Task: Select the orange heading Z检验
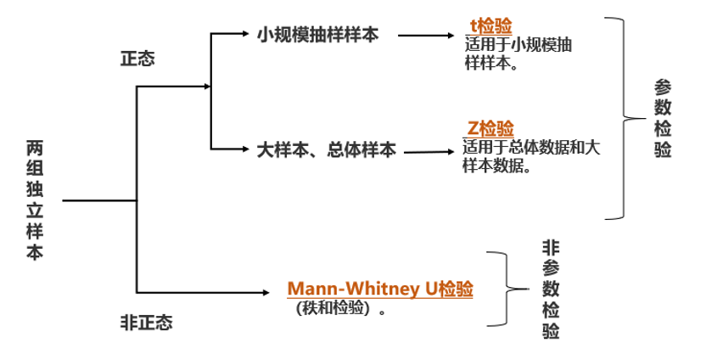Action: coord(490,129)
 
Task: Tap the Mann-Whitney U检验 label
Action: coord(380,289)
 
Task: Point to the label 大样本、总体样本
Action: coord(327,151)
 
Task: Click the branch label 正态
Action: coord(137,60)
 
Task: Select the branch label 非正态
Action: coord(146,323)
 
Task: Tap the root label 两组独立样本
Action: coord(34,200)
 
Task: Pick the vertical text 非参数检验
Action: coord(551,289)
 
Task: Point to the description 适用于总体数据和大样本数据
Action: coord(531,156)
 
